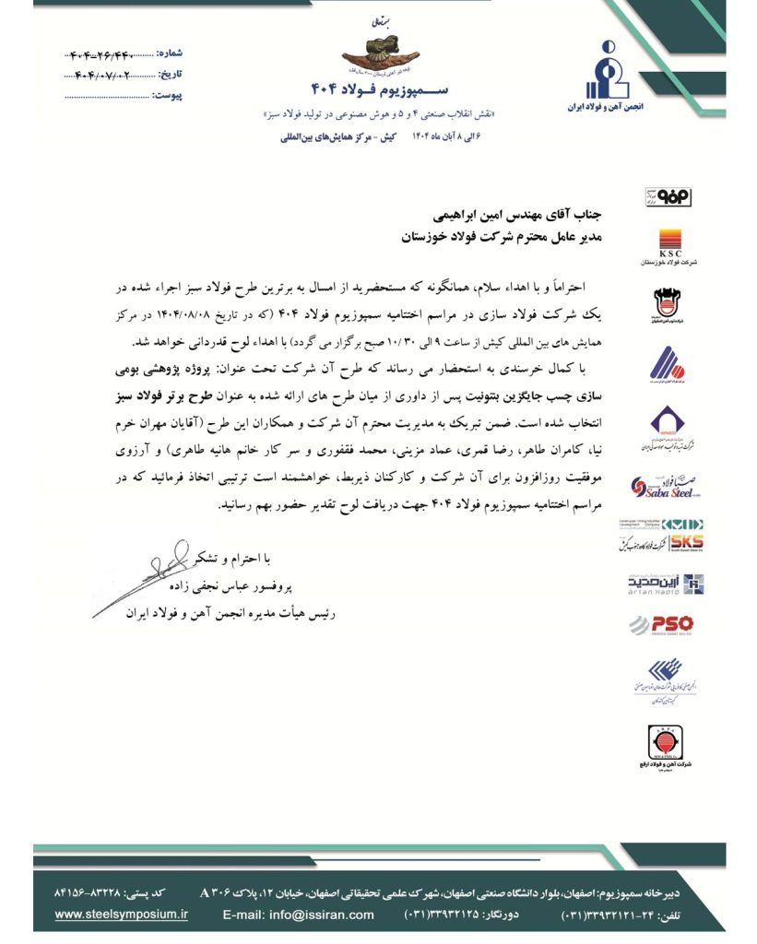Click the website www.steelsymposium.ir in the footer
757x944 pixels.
[121, 914]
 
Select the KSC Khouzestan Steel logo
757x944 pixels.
[678, 242]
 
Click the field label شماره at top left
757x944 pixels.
[170, 52]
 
